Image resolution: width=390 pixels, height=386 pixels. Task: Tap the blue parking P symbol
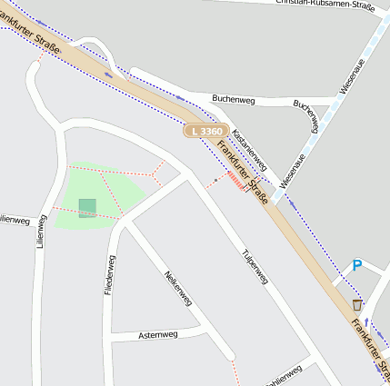point(357,265)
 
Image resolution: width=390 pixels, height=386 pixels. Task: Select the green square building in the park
point(87,208)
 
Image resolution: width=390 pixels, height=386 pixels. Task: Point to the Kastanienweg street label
point(249,149)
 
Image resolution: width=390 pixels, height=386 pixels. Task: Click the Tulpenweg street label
point(255,267)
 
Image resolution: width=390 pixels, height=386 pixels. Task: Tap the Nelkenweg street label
point(177,288)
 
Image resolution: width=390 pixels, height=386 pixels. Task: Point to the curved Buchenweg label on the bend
point(307,115)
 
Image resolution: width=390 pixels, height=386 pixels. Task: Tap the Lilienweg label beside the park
point(40,232)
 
